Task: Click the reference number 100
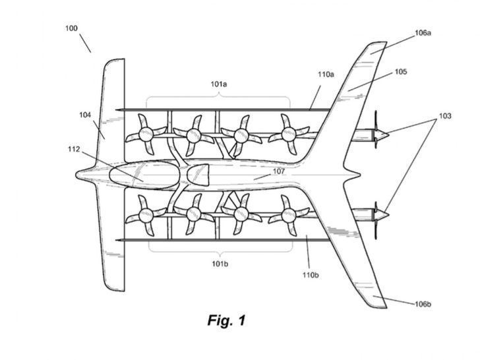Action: (71, 28)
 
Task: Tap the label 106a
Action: (423, 33)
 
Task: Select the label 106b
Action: (423, 304)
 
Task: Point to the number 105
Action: (401, 72)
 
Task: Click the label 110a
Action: (326, 74)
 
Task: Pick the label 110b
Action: (311, 275)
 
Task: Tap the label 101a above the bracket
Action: (219, 84)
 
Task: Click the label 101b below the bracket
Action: (220, 263)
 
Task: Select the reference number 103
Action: (445, 116)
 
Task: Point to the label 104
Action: (85, 115)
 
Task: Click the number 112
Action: (74, 149)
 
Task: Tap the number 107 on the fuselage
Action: (278, 171)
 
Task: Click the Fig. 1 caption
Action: (227, 320)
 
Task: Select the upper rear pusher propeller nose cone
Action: (382, 135)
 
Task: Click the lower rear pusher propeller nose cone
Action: (382, 214)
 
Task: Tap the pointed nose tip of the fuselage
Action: (76, 175)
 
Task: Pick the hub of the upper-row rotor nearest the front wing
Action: (146, 135)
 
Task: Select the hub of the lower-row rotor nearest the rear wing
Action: (288, 215)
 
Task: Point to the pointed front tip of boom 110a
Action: (116, 110)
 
